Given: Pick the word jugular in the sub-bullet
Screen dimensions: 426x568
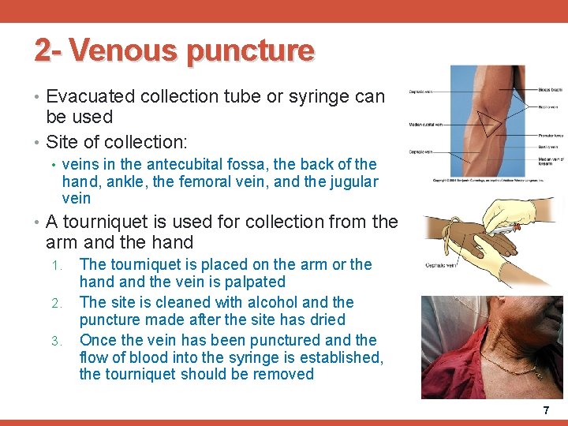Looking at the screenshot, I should pos(353,181).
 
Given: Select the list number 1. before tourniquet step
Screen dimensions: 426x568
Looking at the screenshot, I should pos(55,265).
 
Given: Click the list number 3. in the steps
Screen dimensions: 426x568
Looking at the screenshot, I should pos(55,341).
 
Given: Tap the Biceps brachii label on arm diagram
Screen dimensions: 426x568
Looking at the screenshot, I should pos(551,89).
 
